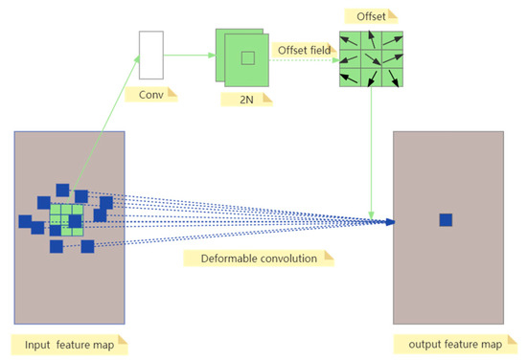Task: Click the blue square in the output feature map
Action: tap(446, 220)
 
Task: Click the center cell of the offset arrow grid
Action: tap(370, 60)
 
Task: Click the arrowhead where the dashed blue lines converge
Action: tap(389, 222)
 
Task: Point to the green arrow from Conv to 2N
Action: tap(190, 54)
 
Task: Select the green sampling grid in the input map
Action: tap(66, 219)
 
